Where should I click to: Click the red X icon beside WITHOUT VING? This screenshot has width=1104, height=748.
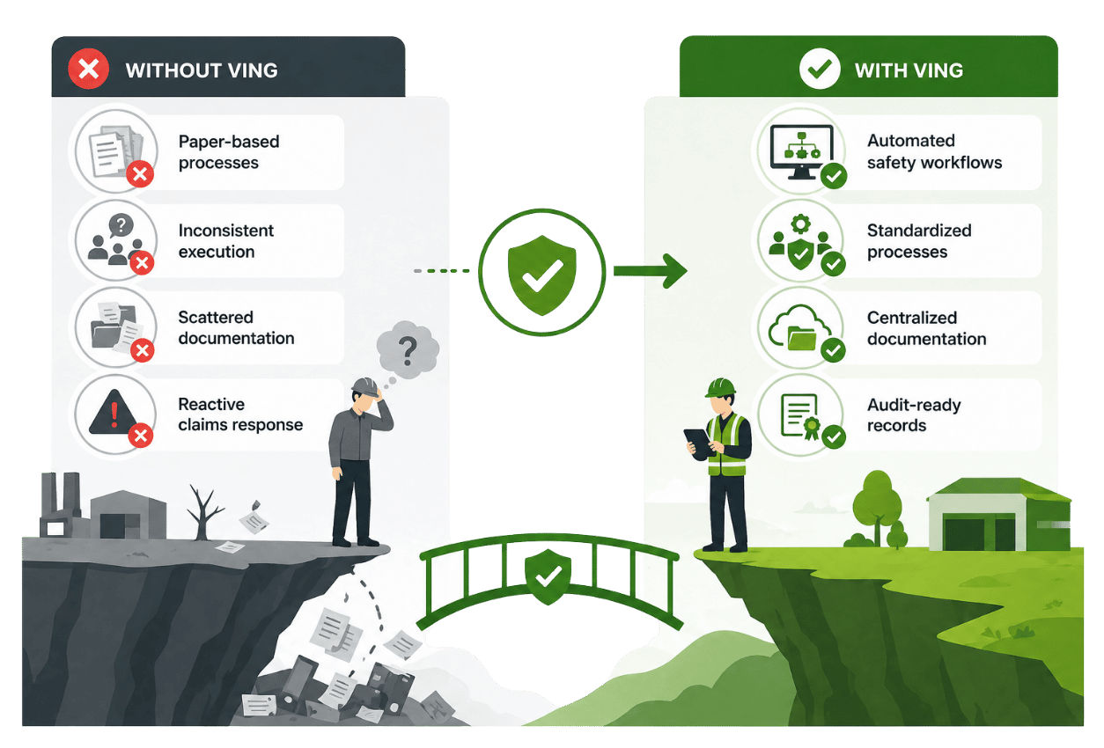pos(89,70)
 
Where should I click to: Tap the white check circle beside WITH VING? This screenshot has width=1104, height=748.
pos(819,70)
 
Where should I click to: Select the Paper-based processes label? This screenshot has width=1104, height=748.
pos(229,152)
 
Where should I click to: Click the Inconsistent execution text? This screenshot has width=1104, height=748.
pos(226,241)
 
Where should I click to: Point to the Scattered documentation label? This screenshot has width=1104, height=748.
pos(236,327)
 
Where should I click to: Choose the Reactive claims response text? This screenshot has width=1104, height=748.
pos(240,414)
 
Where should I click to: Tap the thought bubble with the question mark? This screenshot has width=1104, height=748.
pos(408,350)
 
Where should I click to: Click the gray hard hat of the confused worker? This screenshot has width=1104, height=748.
pos(364,385)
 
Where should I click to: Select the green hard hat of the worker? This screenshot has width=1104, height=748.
pos(720,387)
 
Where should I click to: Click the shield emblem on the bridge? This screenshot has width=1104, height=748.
pos(547,575)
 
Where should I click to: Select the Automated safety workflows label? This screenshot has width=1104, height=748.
pos(934,151)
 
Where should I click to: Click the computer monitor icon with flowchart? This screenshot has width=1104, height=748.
pos(795,147)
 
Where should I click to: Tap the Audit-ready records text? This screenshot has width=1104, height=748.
pos(914,415)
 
